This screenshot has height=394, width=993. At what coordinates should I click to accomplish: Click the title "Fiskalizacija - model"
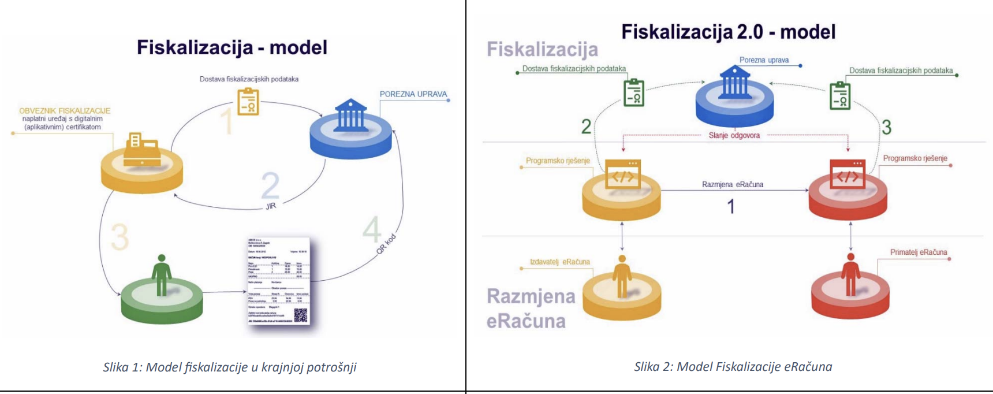(232, 47)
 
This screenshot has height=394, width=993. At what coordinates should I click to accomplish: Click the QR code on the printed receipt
(301, 315)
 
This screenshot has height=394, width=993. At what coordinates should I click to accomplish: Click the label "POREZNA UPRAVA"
(413, 94)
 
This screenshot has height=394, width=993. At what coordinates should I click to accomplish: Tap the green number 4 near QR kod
(372, 229)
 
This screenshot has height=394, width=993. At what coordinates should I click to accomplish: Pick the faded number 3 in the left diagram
(120, 237)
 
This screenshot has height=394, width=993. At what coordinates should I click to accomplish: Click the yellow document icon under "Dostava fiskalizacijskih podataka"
(248, 101)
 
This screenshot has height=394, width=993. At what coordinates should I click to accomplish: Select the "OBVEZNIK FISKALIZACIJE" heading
(65, 110)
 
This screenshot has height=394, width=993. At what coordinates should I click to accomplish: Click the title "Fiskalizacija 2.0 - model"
(728, 32)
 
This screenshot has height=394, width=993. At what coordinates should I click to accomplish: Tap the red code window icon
(847, 174)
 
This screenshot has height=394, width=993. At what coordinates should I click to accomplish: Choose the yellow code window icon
(623, 174)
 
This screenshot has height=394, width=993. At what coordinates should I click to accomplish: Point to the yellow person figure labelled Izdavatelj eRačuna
(622, 276)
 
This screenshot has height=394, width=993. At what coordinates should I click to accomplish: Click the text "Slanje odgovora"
(734, 135)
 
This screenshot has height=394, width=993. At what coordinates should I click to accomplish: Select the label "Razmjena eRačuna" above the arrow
(732, 184)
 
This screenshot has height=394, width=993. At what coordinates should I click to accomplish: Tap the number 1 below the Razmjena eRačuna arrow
(731, 206)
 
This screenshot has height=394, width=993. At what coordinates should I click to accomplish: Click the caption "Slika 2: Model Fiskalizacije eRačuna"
(733, 366)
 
